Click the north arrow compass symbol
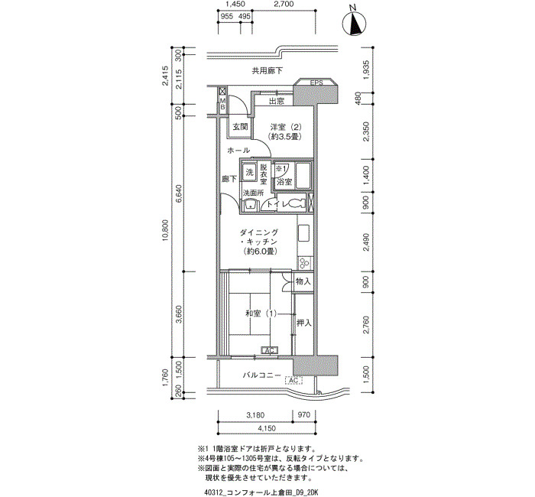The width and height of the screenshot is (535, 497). coord(355,23)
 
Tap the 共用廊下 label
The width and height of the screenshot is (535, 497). coord(267,71)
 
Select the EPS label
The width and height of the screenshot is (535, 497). coord(316,83)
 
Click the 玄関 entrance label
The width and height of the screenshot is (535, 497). coord(240,127)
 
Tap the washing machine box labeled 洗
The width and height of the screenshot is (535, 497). coord(250,171)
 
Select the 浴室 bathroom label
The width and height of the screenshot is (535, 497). coord(284,182)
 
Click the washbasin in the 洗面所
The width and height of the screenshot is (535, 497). coord(250,204)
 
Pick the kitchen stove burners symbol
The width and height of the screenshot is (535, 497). coord(304,263)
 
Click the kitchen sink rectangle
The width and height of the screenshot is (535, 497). coord(303,233)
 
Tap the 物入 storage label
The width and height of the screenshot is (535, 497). coord(303,281)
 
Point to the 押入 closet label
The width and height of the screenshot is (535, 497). coord(303,323)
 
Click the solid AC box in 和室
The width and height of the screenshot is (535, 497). coord(270,350)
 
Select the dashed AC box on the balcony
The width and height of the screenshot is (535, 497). coord(293,380)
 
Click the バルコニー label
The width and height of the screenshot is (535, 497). coord(262,375)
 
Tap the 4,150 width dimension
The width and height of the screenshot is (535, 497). coord(267,428)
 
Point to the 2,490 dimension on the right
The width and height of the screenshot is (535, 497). coord(366,242)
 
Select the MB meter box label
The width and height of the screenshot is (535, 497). coord(222,103)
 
